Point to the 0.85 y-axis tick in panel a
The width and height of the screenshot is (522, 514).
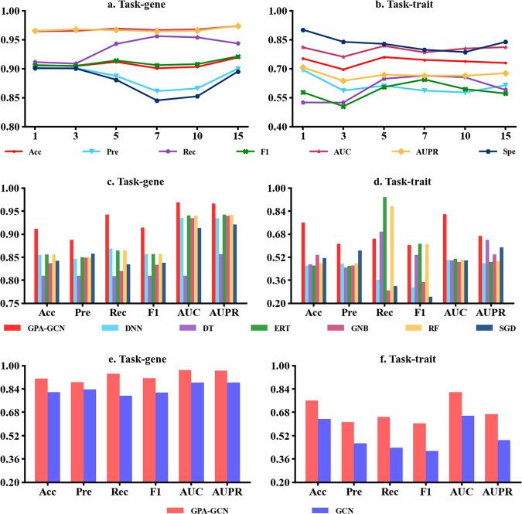pos(15,97)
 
